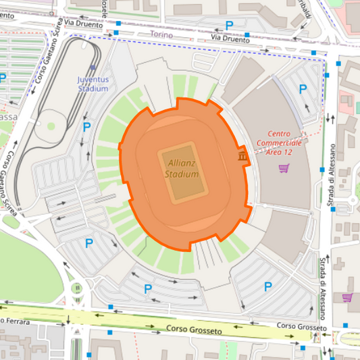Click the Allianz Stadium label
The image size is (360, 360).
point(182,168)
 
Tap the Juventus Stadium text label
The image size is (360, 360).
point(93,84)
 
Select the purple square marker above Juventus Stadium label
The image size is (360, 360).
point(93,68)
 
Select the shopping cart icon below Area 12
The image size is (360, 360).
point(284,168)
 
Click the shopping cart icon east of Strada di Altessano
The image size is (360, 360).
point(347,297)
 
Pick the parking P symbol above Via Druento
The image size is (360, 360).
point(229,25)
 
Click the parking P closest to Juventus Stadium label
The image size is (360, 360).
point(86,126)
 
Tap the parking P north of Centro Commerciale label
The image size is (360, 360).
point(302,88)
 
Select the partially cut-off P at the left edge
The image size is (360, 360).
point(3,78)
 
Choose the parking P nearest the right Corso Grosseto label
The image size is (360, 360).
point(267,286)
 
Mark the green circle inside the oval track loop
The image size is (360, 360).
point(51,126)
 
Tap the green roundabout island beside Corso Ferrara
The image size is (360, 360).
point(77,289)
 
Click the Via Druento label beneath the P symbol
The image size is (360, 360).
point(230,40)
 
